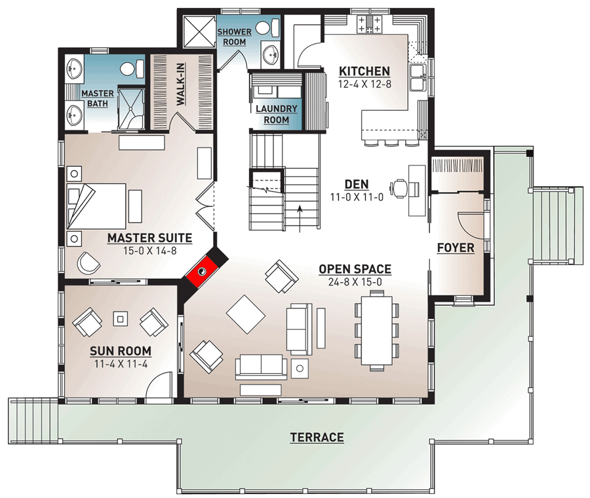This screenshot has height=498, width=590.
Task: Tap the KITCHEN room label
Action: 364,72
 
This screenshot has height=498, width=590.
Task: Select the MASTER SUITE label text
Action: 149,238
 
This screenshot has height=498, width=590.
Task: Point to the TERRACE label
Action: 317,438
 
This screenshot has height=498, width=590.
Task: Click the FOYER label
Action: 457,247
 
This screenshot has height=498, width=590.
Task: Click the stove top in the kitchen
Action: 369,25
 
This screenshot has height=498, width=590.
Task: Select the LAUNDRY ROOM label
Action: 276,114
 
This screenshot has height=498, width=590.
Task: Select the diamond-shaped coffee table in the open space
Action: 245,315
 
